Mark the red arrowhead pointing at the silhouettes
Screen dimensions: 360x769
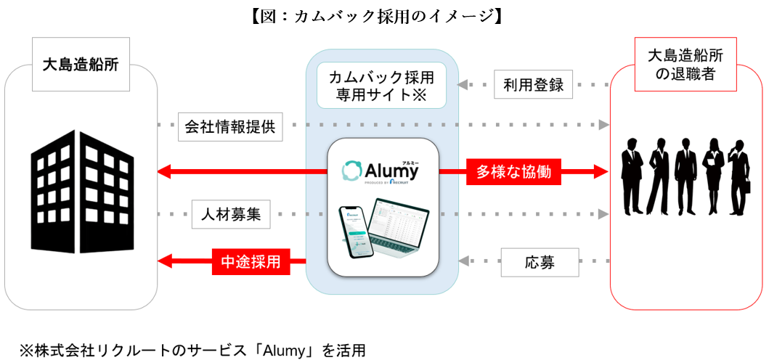point(601,172)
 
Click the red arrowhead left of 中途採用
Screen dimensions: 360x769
point(166,260)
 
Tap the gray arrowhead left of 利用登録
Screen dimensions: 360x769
point(462,85)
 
